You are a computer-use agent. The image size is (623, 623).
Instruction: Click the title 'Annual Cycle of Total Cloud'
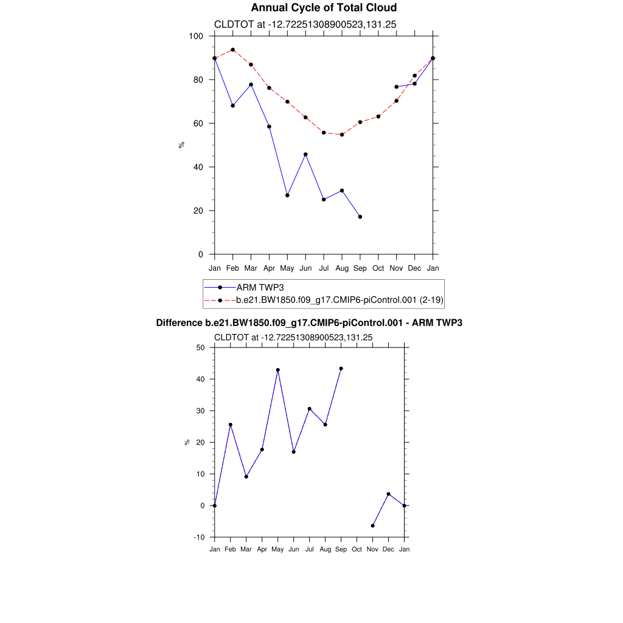(324, 8)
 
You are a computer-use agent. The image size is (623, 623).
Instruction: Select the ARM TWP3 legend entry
(260, 287)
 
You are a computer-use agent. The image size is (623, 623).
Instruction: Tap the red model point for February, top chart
(232, 50)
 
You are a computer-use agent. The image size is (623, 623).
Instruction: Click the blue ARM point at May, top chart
(287, 195)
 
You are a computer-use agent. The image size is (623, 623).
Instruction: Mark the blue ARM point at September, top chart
(360, 217)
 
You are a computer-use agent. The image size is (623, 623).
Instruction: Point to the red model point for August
(342, 134)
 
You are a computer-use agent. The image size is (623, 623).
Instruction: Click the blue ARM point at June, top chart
(305, 155)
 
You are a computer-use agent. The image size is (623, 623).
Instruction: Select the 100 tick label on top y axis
(195, 36)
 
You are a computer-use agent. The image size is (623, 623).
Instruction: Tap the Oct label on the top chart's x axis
(378, 268)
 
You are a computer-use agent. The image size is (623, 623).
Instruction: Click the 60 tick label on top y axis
(198, 124)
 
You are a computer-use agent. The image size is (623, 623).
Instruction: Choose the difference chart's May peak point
(278, 370)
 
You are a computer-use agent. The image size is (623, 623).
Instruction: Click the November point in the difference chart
(373, 526)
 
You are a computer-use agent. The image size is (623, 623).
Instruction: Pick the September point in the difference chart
(341, 368)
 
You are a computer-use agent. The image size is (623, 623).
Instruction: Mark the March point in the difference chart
(246, 476)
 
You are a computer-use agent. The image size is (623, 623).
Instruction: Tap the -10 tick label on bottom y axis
(199, 537)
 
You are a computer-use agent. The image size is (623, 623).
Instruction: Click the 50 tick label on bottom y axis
(200, 347)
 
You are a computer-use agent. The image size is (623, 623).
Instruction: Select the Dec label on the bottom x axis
(389, 549)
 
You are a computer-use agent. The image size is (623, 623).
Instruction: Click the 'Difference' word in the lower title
(179, 323)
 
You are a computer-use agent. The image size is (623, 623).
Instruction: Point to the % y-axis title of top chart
(181, 145)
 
